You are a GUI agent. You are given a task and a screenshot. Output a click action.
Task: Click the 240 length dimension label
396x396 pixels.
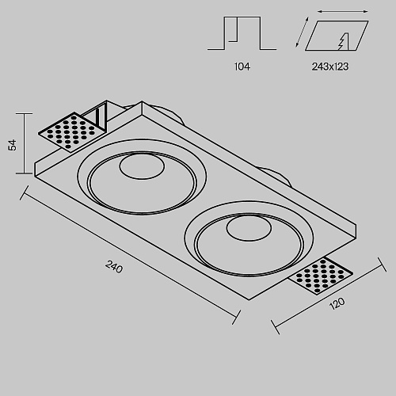click(114, 266)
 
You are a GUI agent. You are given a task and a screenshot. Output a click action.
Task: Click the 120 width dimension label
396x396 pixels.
click(337, 303)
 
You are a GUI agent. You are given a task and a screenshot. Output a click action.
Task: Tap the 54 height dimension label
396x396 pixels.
click(12, 145)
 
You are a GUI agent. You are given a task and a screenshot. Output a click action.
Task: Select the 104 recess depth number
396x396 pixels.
click(242, 67)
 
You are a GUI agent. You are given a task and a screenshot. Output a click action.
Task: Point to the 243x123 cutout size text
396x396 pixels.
click(330, 67)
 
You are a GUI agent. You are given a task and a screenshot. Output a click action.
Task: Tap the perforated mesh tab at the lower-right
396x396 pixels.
click(321, 276)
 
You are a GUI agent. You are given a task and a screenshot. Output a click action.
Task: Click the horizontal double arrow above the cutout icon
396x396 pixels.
click(342, 12)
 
